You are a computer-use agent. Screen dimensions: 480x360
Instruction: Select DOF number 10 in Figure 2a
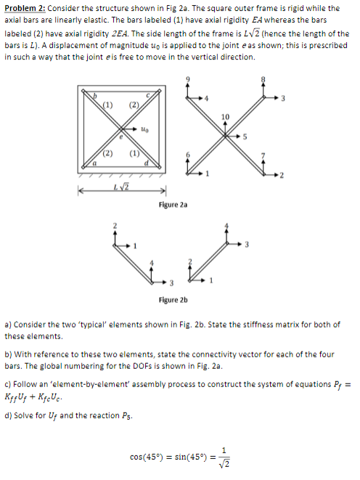[224, 117]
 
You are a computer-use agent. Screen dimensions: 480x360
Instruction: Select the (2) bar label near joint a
[107, 154]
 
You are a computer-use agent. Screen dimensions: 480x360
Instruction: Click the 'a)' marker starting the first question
[8, 323]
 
